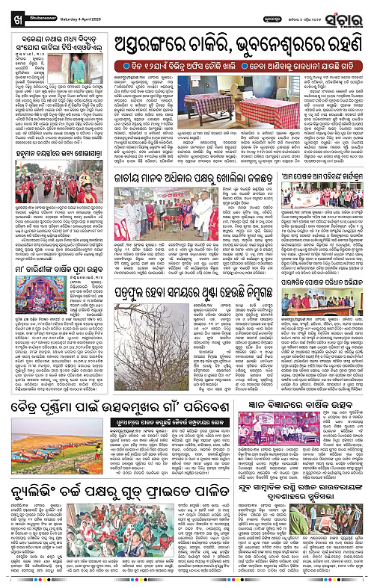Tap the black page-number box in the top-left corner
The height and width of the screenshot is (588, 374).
[x=7, y=10]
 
